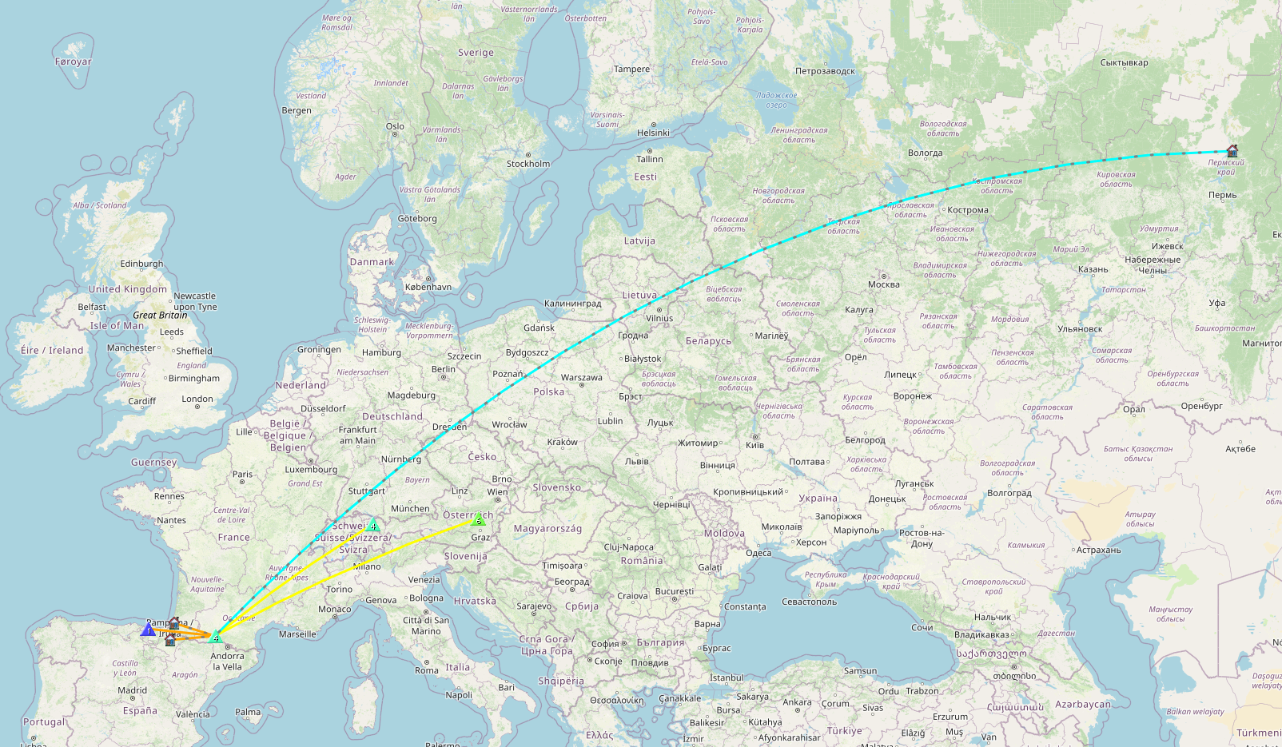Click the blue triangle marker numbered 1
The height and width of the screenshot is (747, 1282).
[148, 630]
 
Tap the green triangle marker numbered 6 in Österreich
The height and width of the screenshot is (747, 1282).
[479, 521]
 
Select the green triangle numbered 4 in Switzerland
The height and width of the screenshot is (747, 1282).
[372, 526]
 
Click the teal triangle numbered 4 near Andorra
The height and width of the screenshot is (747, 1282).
[215, 638]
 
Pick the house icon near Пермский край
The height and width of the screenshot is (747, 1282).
[1232, 150]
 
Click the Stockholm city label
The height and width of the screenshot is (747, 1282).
[528, 164]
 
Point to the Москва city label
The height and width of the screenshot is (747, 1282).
[883, 284]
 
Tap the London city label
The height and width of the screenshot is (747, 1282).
[197, 399]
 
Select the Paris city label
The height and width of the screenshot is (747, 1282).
[242, 474]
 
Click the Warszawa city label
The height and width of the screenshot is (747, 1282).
[581, 377]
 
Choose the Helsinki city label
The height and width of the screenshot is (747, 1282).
[653, 133]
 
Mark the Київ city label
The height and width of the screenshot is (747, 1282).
[754, 445]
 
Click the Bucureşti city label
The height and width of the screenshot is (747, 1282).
[674, 591]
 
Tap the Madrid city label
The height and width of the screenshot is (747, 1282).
[132, 690]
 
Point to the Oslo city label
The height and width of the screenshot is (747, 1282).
[395, 126]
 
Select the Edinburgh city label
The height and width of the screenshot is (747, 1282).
[141, 264]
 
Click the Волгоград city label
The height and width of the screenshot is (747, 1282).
[1009, 493]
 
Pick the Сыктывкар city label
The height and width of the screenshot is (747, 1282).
[1123, 62]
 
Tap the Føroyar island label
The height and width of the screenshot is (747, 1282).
[73, 62]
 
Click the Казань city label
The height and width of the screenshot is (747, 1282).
[1093, 269]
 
